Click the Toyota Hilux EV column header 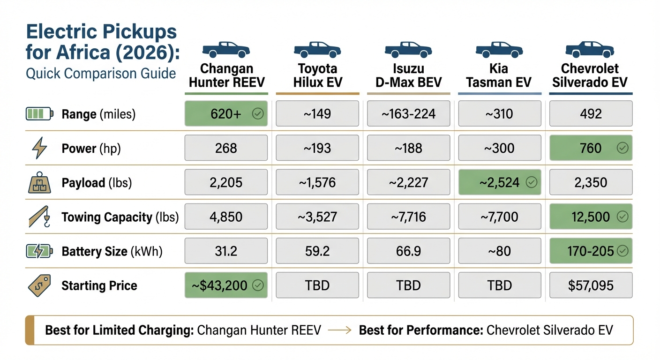click(317, 75)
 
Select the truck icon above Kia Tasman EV click(499, 50)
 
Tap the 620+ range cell click(226, 114)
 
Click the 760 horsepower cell click(591, 148)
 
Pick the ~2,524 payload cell click(499, 182)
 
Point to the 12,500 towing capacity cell click(591, 217)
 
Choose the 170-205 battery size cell click(591, 251)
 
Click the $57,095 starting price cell click(591, 285)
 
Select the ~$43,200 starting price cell click(226, 285)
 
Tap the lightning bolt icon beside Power click(39, 149)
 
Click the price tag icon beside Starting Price click(39, 285)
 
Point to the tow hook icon click(39, 217)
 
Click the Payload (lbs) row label click(97, 183)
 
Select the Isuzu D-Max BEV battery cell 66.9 click(408, 251)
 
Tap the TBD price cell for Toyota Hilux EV click(317, 285)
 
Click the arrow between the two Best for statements click(340, 330)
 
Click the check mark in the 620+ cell click(257, 114)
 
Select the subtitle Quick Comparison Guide click(101, 74)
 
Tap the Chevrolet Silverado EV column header click(591, 75)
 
